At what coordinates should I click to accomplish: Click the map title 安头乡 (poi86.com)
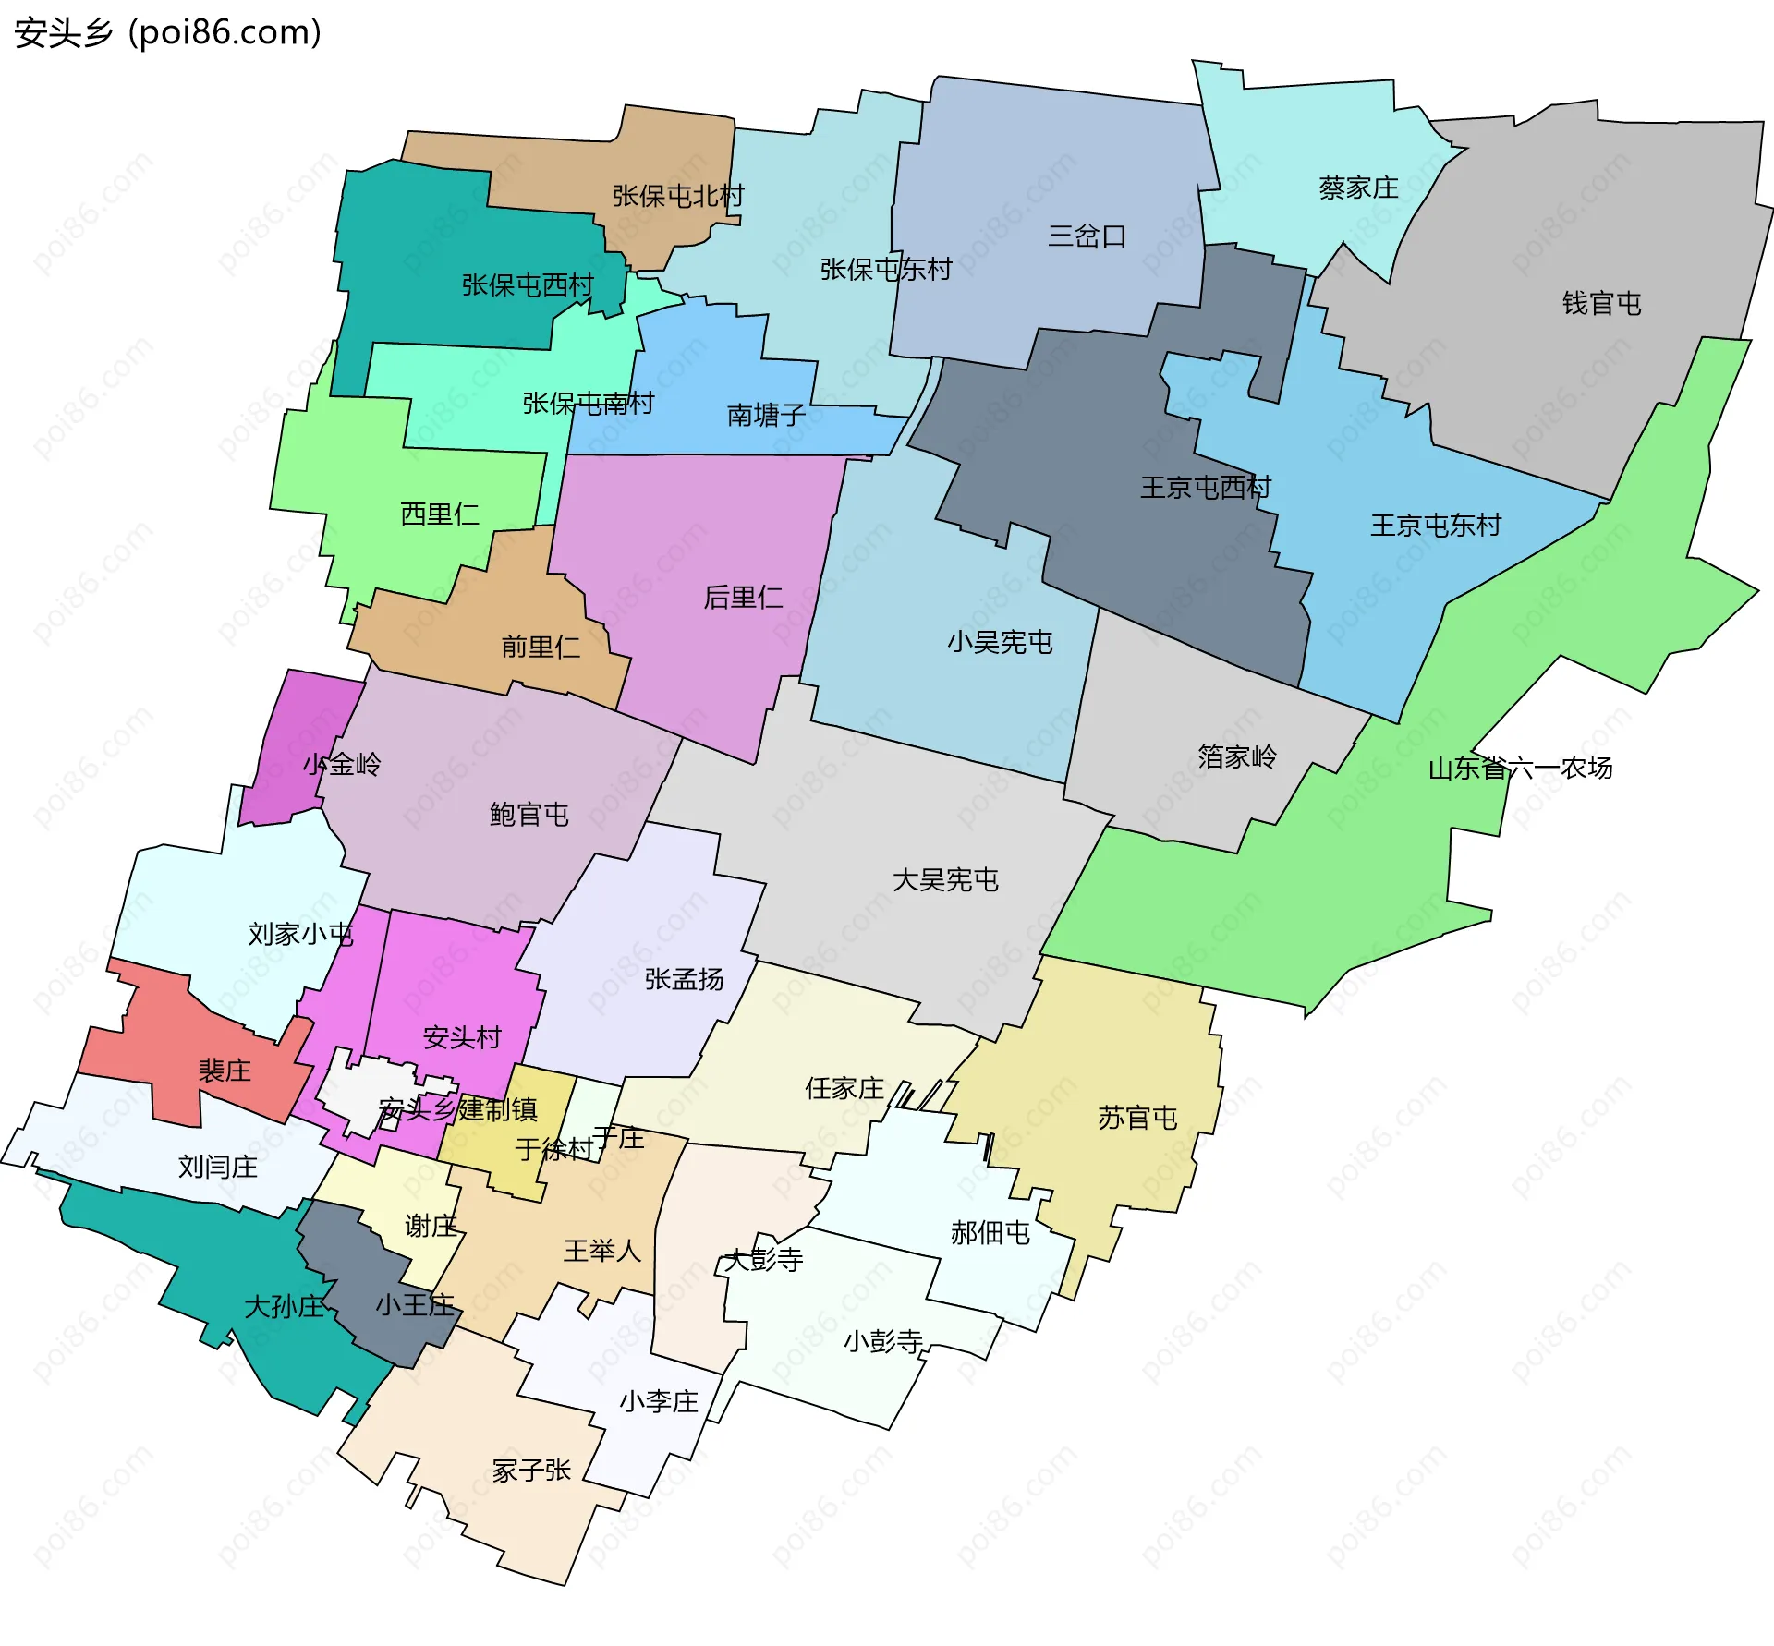coord(167,33)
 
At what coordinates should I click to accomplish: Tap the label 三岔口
coord(1087,236)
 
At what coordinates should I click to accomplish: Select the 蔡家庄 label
coord(1358,188)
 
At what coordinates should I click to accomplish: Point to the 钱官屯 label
coord(1601,303)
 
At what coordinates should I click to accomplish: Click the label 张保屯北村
coord(677,196)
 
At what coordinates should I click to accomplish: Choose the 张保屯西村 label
coord(527,284)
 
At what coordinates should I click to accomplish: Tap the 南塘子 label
coord(766,415)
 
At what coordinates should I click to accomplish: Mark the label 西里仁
coord(440,514)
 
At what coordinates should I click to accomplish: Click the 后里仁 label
coord(743,598)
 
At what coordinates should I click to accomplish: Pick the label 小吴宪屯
coord(1000,642)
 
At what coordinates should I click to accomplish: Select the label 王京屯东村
coord(1435,526)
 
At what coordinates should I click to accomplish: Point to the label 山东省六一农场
coord(1520,768)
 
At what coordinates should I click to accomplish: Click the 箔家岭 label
coord(1237,757)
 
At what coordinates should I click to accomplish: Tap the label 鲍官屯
coord(529,814)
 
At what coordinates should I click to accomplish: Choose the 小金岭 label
coord(342,764)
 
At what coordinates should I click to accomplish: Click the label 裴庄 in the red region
coord(225,1071)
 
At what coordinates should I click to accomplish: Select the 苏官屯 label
coord(1137,1118)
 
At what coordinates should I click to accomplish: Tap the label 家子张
coord(531,1470)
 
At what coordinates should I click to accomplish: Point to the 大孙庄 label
coord(284,1306)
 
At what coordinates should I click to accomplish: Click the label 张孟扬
coord(684,979)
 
